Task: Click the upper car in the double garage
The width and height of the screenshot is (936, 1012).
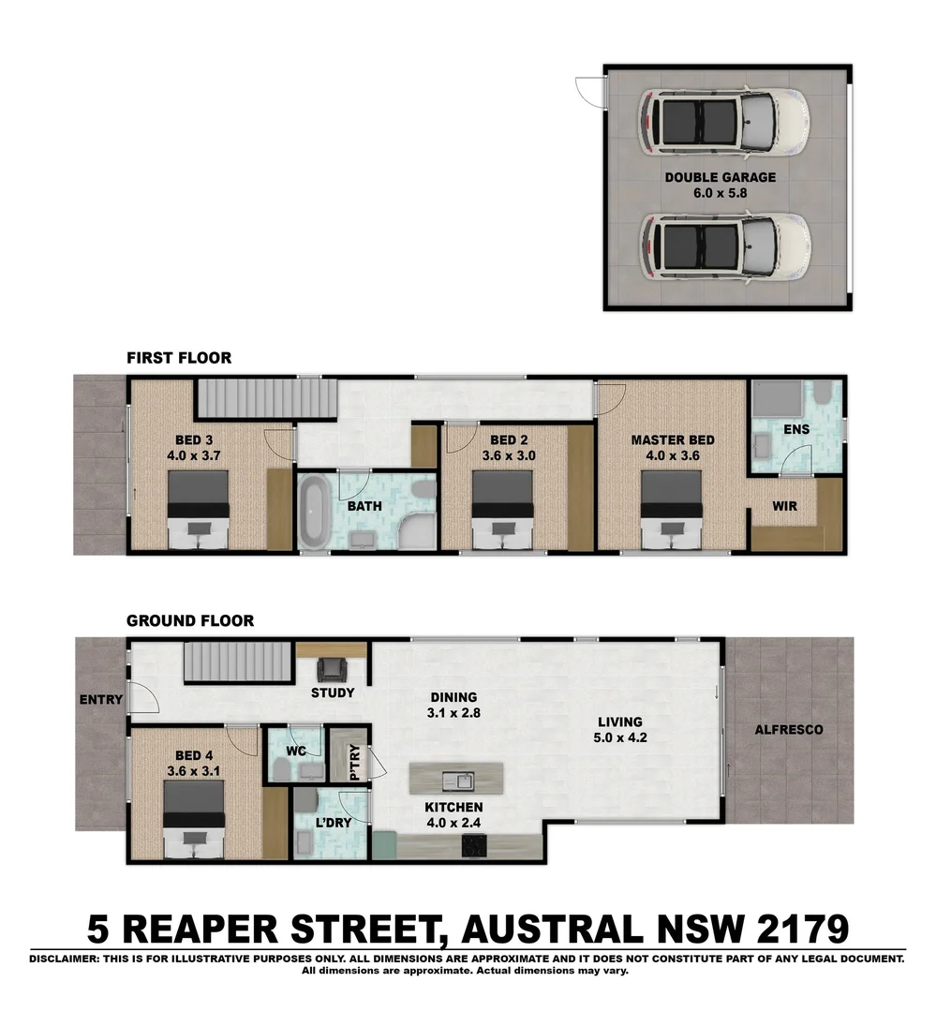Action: click(x=722, y=122)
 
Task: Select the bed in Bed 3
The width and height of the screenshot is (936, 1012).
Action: click(x=198, y=509)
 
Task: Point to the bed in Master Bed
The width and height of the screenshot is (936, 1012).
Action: click(x=671, y=509)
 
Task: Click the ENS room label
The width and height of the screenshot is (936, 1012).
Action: click(x=797, y=430)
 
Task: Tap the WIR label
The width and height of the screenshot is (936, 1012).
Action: click(x=784, y=505)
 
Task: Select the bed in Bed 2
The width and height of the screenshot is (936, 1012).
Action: click(x=503, y=509)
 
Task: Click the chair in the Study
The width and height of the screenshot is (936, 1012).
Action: click(x=332, y=670)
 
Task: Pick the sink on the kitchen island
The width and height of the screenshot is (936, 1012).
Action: click(x=459, y=779)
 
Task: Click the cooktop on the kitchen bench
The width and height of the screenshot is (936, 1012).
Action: click(x=474, y=846)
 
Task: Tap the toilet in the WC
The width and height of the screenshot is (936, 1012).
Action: click(x=281, y=769)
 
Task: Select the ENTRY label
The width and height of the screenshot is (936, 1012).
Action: click(x=101, y=699)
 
